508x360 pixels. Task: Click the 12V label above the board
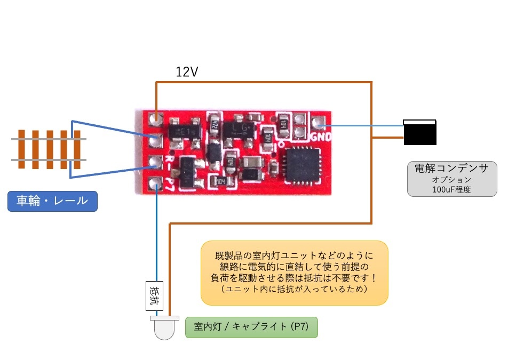[187, 72]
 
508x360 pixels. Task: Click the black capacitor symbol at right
[420, 132]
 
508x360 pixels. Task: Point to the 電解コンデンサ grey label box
[451, 179]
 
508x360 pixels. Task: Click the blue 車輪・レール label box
[52, 202]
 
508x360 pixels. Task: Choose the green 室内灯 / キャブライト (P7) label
[251, 327]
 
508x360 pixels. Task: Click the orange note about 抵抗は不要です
[294, 273]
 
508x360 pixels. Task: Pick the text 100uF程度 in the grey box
[451, 189]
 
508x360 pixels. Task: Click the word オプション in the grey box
[451, 180]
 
